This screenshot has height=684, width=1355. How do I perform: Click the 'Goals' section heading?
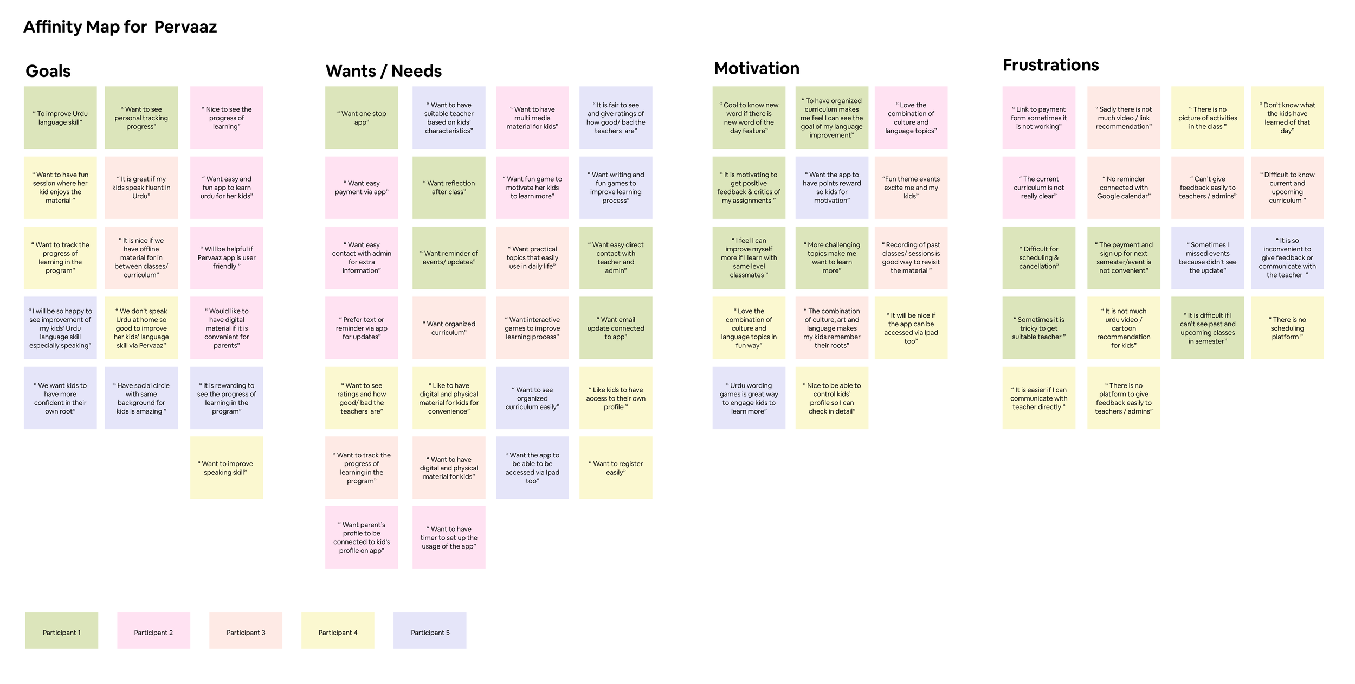[x=48, y=71]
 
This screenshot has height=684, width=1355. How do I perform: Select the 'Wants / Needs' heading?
[x=383, y=71]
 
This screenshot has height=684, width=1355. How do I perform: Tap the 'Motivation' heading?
[x=756, y=68]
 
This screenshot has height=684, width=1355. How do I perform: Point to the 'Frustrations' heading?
[x=1050, y=65]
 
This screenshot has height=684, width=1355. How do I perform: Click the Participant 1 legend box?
[x=61, y=630]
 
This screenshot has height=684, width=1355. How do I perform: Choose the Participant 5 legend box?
[x=430, y=630]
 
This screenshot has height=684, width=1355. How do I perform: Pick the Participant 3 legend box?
[x=246, y=630]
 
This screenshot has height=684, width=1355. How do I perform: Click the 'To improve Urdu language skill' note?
[x=60, y=118]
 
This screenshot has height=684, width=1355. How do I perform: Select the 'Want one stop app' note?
[x=362, y=118]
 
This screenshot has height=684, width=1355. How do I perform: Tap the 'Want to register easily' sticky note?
[x=616, y=468]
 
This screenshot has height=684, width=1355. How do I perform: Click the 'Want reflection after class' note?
[x=449, y=188]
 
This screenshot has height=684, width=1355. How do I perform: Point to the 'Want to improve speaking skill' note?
[x=227, y=468]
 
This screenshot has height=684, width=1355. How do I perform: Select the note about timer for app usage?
[x=449, y=537]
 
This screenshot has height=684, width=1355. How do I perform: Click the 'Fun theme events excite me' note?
[x=911, y=188]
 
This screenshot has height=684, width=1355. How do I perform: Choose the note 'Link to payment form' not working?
[x=1038, y=118]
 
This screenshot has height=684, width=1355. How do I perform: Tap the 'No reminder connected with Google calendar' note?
[x=1124, y=188]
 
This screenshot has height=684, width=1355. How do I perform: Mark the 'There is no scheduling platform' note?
[x=1287, y=328]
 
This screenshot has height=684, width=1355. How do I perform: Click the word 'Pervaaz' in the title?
[x=185, y=27]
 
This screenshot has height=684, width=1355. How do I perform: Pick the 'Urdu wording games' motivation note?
[x=749, y=398]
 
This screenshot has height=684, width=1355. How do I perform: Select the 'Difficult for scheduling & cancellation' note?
[x=1038, y=257]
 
